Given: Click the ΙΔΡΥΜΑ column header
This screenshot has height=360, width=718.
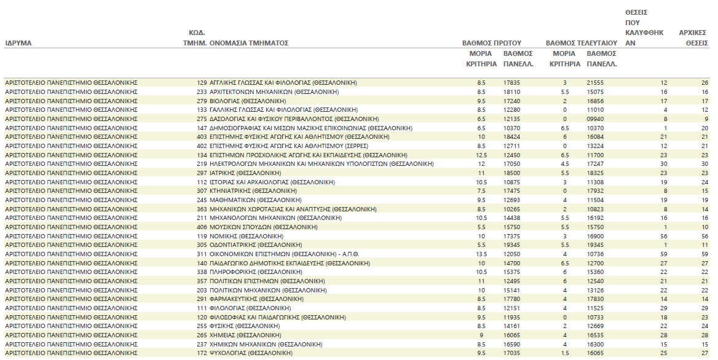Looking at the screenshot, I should tap(18, 44).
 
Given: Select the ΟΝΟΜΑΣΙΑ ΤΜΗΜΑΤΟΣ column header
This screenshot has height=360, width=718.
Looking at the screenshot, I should tap(249, 44).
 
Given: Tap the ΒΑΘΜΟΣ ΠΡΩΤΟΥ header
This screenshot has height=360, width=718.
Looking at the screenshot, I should tap(492, 44).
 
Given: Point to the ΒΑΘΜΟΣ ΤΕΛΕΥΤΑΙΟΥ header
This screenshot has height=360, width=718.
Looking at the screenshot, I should tap(581, 44).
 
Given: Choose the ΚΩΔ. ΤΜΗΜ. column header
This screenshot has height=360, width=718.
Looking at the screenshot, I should tap(196, 38).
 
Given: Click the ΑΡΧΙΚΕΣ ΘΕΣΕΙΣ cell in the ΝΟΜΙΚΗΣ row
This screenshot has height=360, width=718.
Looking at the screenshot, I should tap(704, 236).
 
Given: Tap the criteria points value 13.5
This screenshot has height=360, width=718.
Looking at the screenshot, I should tap(481, 254).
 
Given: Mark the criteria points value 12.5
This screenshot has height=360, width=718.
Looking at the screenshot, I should tap(481, 155).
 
